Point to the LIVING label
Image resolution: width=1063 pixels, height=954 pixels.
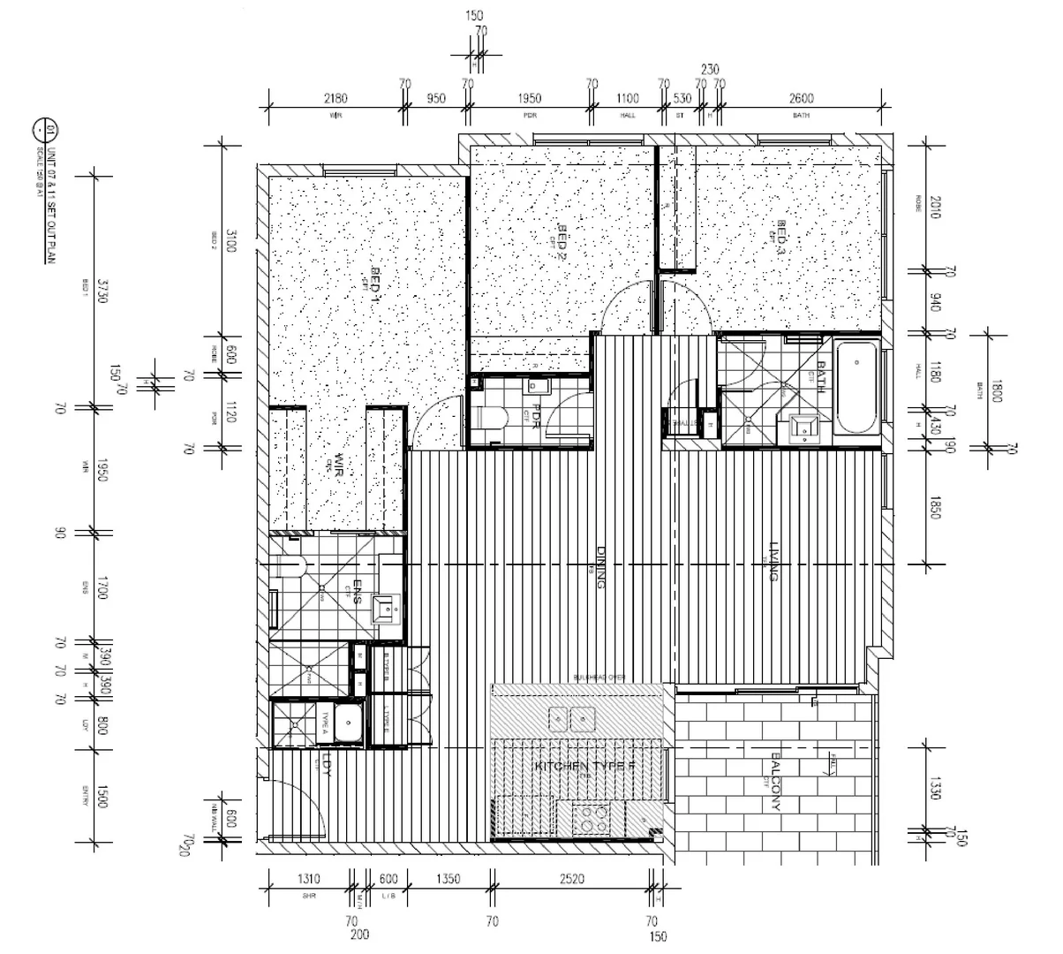tap(773, 561)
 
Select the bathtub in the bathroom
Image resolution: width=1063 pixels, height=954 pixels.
tap(856, 390)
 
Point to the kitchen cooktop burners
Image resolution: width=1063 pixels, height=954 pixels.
tap(591, 818)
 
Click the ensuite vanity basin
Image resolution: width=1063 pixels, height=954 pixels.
tap(385, 608)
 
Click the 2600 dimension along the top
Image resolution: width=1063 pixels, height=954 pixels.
tap(801, 98)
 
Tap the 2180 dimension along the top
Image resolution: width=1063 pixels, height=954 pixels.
tap(335, 98)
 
